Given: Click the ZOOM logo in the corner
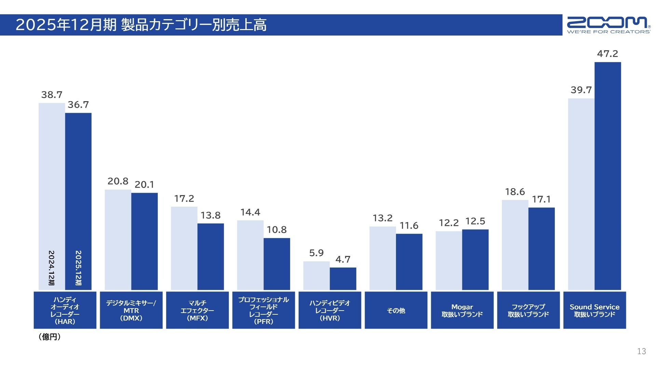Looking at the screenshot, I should [609, 25].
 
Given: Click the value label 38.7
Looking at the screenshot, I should [52, 95].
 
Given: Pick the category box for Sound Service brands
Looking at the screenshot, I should [594, 310].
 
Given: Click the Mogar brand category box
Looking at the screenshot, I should [462, 310].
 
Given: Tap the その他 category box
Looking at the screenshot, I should [396, 310].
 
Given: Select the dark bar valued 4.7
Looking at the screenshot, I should [343, 278].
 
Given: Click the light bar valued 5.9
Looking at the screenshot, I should [316, 275].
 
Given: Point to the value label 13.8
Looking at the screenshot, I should [210, 215].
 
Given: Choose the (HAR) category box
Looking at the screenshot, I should [65, 310].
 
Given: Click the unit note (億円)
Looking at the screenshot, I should [50, 337].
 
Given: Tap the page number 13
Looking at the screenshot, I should [641, 351].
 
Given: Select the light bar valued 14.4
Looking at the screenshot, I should [250, 255].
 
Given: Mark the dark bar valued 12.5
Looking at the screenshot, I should [475, 260].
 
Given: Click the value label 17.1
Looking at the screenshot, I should [541, 199].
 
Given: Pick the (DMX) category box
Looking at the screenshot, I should [131, 310].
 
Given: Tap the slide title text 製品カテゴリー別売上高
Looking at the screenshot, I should [194, 25].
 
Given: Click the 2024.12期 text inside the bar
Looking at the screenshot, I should [51, 268].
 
